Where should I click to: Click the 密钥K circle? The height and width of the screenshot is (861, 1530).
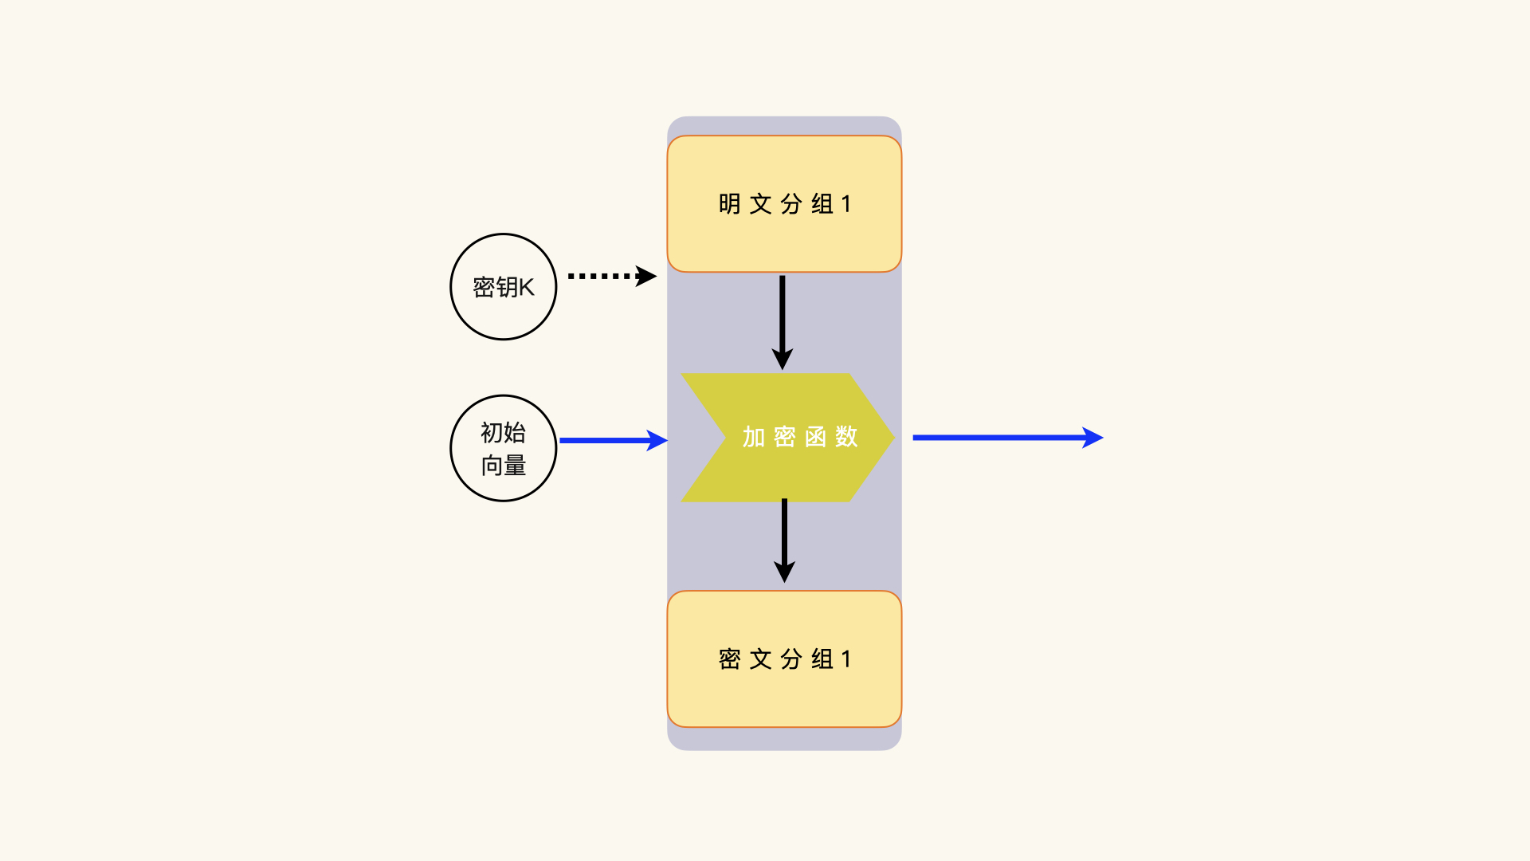click(503, 287)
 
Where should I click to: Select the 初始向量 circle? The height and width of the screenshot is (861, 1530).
click(503, 448)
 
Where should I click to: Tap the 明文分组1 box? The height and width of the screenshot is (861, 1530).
click(784, 204)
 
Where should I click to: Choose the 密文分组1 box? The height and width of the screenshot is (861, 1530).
click(784, 659)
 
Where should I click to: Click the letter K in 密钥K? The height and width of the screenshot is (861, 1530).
click(527, 287)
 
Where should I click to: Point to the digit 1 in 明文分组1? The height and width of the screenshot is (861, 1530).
click(846, 204)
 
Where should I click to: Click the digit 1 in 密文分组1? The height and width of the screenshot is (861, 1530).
click(846, 659)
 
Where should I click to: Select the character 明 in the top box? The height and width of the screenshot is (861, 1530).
click(729, 204)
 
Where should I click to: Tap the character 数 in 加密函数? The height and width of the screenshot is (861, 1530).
click(846, 437)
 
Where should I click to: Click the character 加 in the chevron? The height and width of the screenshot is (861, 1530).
click(753, 437)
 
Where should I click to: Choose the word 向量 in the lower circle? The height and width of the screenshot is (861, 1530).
click(503, 466)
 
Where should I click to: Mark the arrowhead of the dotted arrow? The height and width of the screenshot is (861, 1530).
click(646, 276)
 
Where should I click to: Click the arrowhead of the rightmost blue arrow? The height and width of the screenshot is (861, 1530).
click(1093, 438)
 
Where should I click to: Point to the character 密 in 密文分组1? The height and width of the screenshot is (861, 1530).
click(729, 659)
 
